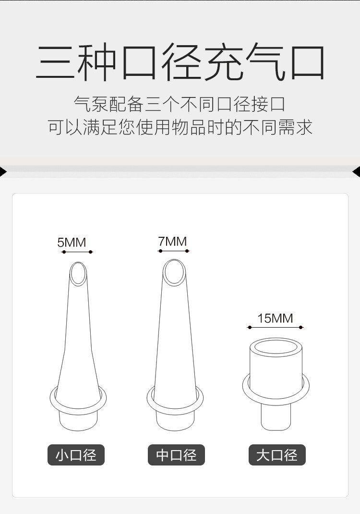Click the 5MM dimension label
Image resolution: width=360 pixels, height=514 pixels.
coord(72,243)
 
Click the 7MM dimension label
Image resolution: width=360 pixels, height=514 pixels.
coord(172,242)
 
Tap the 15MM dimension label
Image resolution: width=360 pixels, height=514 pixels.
coord(275,318)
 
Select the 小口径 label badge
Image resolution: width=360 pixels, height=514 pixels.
coord(76,455)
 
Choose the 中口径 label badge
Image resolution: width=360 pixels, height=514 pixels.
coord(176,455)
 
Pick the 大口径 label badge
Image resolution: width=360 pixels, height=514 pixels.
coord(277,455)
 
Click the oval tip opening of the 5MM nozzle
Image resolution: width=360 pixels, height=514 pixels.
coord(78,273)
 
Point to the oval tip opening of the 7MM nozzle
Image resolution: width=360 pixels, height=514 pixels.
coord(173,272)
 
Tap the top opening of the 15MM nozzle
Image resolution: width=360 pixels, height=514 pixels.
coord(276,347)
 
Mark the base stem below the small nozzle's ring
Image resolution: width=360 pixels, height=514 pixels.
coord(78,420)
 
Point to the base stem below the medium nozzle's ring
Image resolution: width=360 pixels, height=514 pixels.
coord(175,421)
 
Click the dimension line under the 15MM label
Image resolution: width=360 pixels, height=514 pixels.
coord(275,327)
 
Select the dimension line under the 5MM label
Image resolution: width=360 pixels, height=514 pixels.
coord(77,252)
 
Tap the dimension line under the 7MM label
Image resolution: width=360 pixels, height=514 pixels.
coord(173,251)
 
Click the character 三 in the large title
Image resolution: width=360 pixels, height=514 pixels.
coord(56,63)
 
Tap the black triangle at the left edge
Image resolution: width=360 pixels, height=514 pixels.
coord(3,171)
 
